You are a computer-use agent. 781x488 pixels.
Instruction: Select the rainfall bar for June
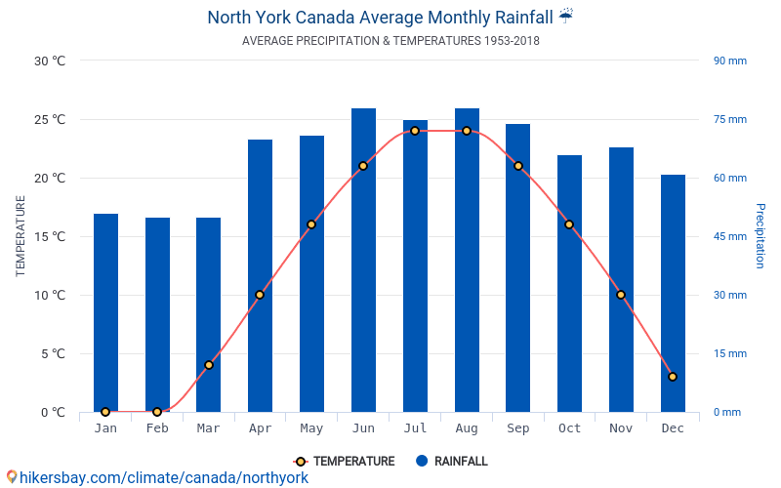click(x=363, y=260)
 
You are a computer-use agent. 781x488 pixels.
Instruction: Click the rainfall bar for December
click(x=673, y=294)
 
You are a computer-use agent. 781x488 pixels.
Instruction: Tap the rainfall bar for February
click(x=157, y=314)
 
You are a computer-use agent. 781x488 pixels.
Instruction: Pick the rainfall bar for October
click(x=569, y=284)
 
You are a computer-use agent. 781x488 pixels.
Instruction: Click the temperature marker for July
click(x=415, y=131)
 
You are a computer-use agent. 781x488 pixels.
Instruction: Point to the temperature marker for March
click(x=209, y=365)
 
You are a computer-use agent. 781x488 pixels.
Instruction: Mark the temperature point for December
click(x=673, y=377)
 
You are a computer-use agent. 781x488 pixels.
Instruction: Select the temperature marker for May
click(x=311, y=224)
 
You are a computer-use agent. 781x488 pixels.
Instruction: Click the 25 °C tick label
click(x=50, y=119)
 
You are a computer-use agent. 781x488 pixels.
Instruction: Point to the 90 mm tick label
click(x=729, y=61)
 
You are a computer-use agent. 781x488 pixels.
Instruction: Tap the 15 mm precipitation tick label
click(x=729, y=353)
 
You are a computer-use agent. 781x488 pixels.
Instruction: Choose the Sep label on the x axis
click(x=518, y=428)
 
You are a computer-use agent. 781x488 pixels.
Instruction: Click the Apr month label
click(x=260, y=428)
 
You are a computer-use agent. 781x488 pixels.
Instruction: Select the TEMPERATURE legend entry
click(x=345, y=461)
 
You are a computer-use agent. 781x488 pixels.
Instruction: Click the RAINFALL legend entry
click(x=452, y=461)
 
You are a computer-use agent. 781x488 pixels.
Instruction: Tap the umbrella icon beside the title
click(x=566, y=16)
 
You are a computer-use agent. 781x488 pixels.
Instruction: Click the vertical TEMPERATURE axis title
click(x=20, y=236)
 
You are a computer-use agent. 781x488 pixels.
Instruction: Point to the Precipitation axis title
click(x=760, y=236)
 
